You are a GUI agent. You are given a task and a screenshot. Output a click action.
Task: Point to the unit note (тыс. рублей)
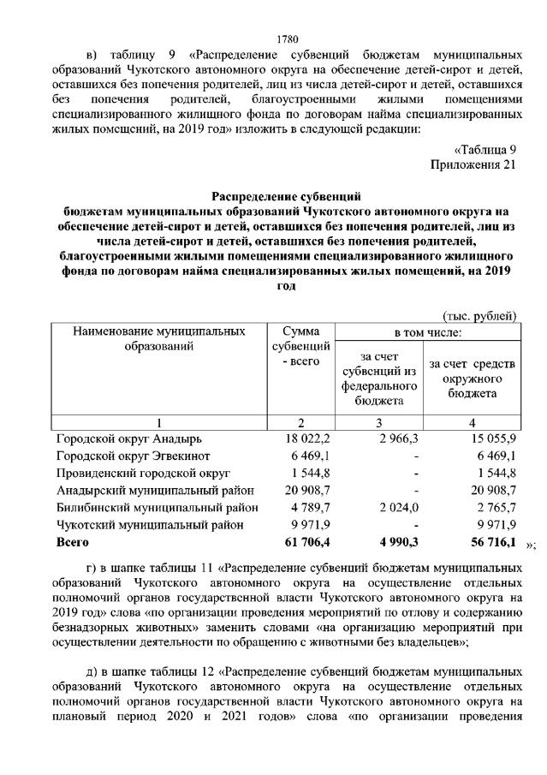click(x=479, y=316)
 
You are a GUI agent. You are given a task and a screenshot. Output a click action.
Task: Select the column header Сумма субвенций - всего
click(x=300, y=346)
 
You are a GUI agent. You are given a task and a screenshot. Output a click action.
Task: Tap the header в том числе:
click(x=427, y=331)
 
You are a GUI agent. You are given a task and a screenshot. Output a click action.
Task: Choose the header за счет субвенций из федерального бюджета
click(x=379, y=377)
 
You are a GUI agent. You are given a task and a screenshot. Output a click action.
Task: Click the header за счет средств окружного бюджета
click(x=472, y=377)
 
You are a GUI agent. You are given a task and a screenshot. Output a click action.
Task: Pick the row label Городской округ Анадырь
click(x=128, y=438)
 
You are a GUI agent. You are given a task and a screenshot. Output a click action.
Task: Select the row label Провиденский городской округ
click(x=143, y=473)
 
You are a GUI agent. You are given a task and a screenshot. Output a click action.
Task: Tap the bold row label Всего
click(x=73, y=542)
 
